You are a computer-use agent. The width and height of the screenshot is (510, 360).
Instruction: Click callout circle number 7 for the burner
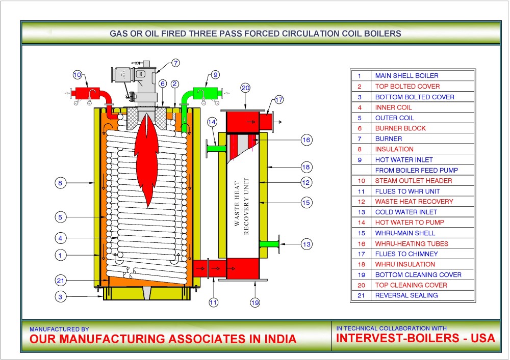175,63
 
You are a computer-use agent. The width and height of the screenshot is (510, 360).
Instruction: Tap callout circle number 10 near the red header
77,75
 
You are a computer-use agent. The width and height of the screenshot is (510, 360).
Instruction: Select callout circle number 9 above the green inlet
215,75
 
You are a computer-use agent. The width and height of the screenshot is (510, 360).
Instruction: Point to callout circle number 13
306,244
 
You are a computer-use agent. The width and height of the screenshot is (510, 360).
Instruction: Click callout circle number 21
61,280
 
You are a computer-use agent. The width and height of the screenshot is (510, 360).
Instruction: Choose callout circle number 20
245,88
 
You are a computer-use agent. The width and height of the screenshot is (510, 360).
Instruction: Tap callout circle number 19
255,302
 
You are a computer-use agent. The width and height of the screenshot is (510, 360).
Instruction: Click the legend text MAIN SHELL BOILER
406,76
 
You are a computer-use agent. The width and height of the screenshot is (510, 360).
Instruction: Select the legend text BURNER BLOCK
400,128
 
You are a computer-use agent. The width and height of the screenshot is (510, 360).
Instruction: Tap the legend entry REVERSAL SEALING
406,295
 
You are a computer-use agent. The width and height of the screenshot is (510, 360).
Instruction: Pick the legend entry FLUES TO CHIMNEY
406,254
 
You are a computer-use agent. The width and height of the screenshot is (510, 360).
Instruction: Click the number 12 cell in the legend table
360,202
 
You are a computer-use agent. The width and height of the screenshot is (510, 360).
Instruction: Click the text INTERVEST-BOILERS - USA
416,339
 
